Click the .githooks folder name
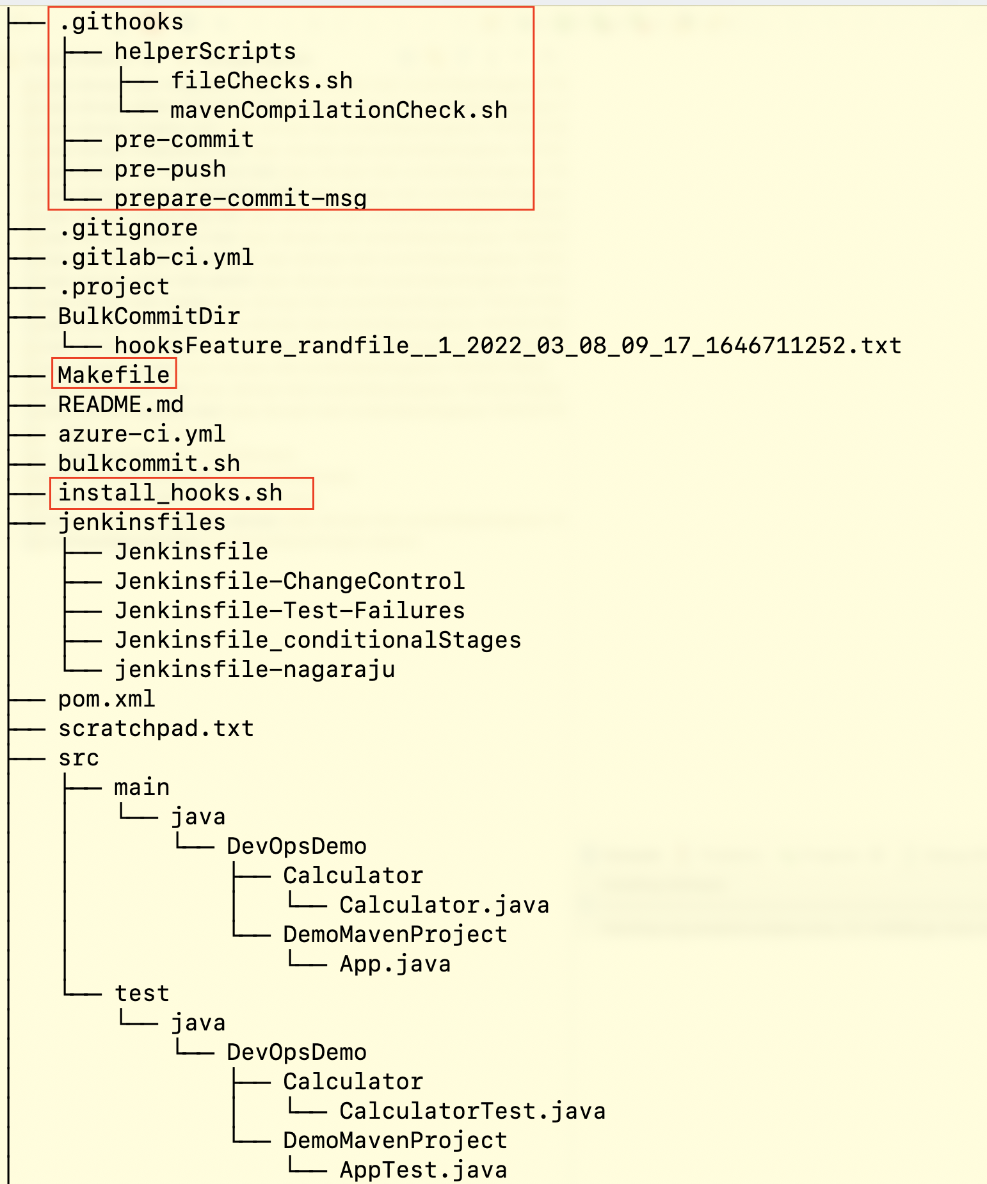point(121,22)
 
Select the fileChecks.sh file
point(261,81)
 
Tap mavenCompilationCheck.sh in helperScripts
point(339,111)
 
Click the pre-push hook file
point(170,170)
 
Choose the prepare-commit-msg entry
point(240,198)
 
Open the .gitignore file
point(128,228)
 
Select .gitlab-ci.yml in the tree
point(156,258)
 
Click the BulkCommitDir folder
point(149,316)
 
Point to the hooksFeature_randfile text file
point(508,346)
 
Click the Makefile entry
point(114,375)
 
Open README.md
point(121,404)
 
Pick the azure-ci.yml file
point(142,434)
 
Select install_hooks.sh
point(170,493)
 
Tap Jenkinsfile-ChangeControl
point(289,581)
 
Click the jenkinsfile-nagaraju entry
point(255,669)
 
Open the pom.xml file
point(106,699)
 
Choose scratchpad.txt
point(156,728)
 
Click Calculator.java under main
point(444,905)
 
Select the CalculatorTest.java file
point(472,1111)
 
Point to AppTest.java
point(423,1170)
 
